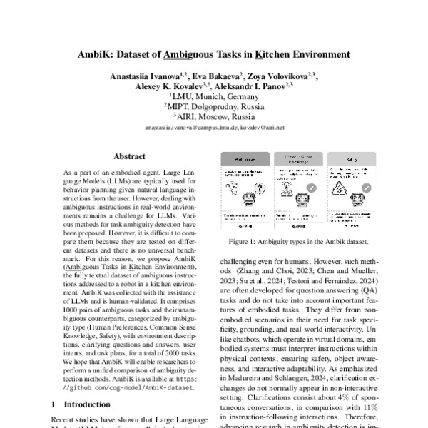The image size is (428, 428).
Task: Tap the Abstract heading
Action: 129,156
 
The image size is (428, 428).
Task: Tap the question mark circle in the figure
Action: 237,188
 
